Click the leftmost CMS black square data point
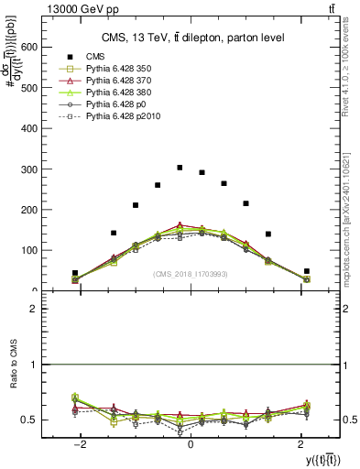75,273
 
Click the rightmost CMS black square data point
307,271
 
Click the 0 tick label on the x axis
191,442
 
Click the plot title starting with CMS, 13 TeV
191,38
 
